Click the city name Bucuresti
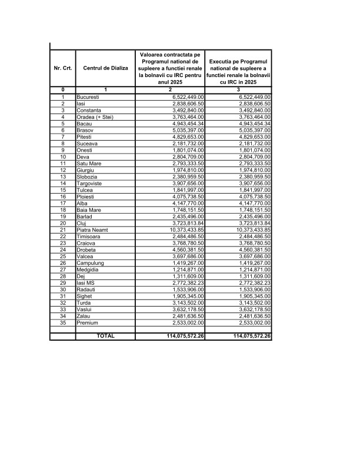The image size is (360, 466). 88,96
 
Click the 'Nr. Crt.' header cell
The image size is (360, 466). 63,68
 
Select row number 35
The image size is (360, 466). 63,322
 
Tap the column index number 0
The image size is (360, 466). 63,89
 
